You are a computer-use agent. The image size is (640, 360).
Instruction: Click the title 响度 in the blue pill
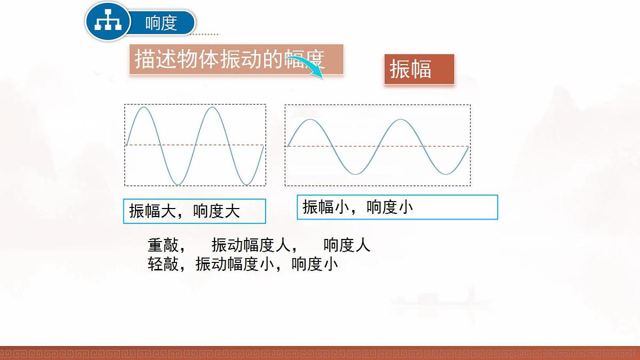[161, 23]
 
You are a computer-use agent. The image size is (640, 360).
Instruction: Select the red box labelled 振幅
[419, 69]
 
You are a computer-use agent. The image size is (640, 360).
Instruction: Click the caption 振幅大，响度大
[185, 211]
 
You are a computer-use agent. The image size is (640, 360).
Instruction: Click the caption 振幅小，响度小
[358, 207]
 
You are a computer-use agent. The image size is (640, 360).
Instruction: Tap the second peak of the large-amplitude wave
[212, 108]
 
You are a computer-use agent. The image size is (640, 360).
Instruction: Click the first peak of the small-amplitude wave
[310, 119]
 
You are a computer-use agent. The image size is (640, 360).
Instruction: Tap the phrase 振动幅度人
[250, 245]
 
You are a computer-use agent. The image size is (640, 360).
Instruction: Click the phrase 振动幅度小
[235, 264]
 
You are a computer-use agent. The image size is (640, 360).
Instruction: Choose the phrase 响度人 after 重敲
[347, 245]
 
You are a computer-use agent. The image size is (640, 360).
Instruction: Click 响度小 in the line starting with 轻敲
[315, 264]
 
